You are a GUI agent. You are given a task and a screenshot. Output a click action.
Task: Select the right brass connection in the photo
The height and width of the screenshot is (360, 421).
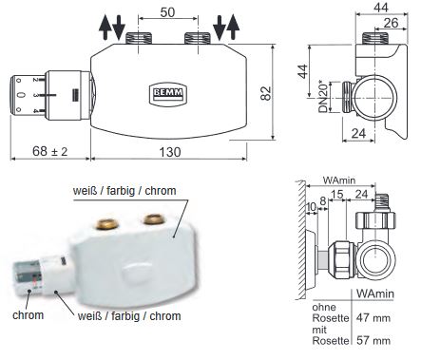pyautogui.click(x=150, y=220)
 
